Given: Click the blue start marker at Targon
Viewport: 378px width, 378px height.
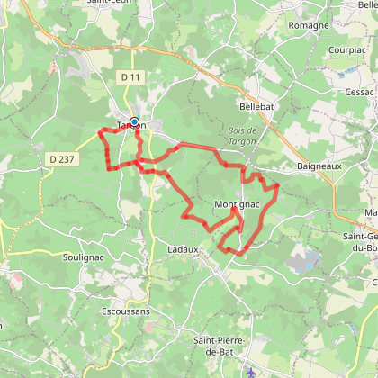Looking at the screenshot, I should coord(134,122).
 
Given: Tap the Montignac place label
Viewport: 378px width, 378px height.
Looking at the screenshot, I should coord(237,204).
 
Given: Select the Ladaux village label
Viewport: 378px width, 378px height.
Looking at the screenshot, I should coord(184,248).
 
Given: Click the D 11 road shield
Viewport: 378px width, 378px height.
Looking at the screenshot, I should coord(130,79).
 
